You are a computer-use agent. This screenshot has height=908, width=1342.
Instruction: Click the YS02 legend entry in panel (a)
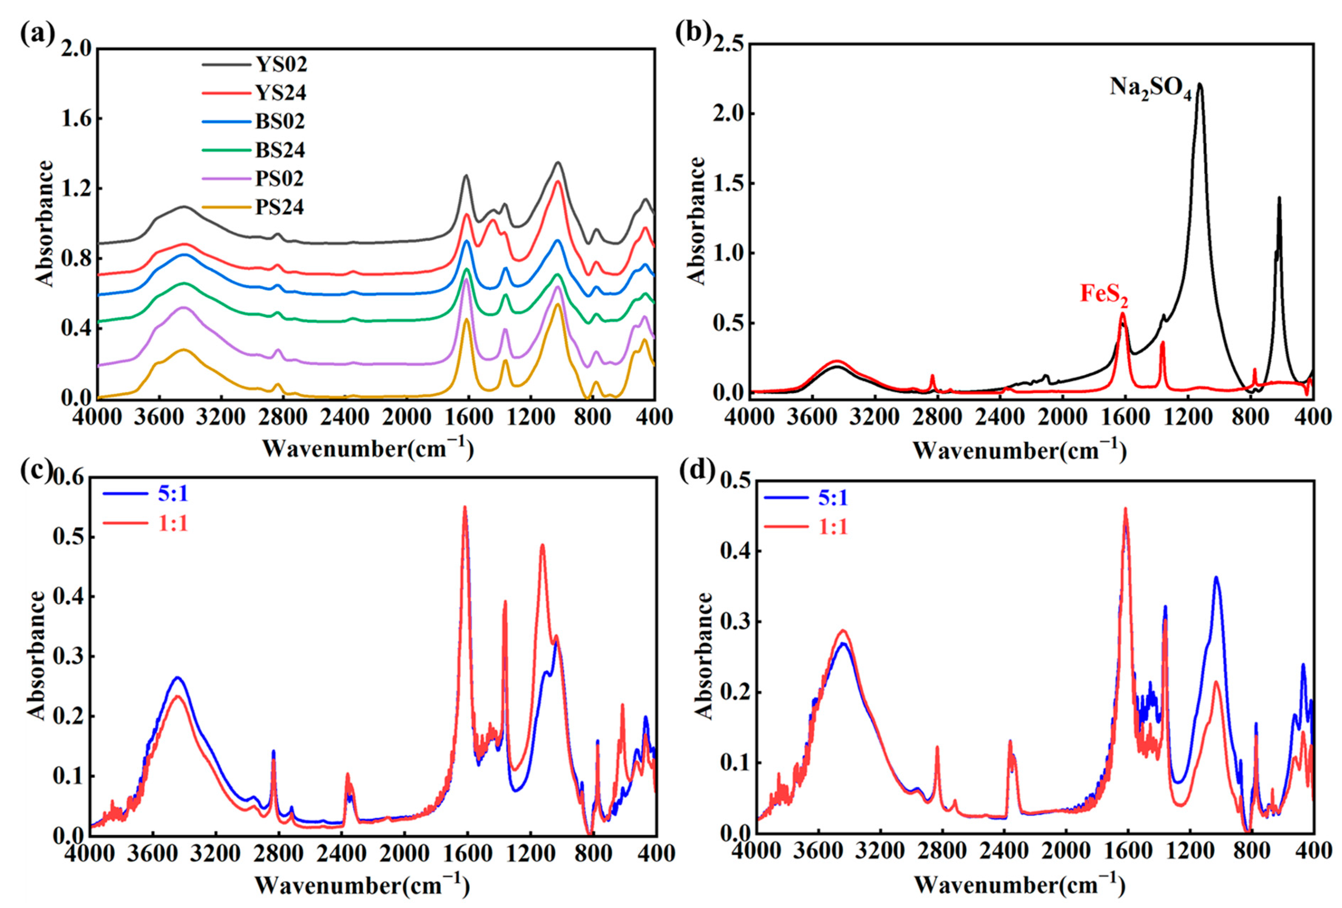pos(281,64)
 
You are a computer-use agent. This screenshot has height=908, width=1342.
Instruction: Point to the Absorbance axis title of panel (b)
pos(697,221)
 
